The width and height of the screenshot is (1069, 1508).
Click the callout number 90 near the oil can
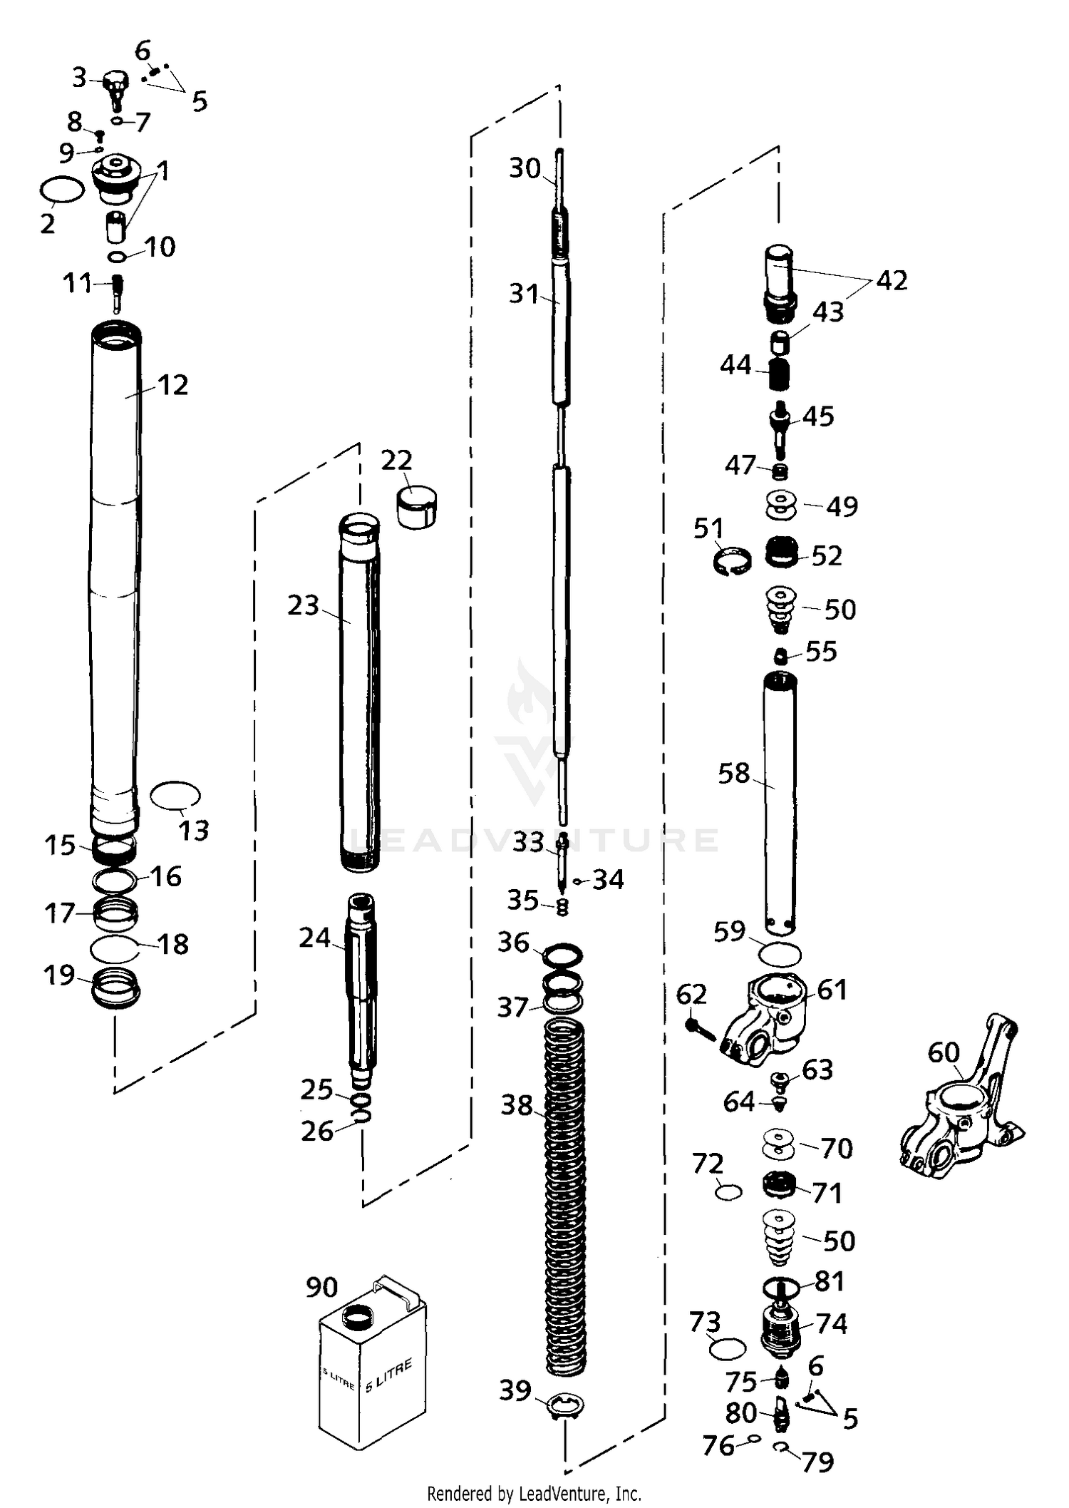(321, 1287)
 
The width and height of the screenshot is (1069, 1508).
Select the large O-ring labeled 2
(61, 190)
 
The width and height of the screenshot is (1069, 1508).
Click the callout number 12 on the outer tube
(173, 385)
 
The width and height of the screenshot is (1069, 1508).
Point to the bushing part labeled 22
(418, 506)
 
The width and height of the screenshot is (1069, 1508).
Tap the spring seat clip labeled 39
(565, 1405)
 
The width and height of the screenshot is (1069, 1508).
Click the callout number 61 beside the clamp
(832, 990)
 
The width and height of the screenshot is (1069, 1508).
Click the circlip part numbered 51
(732, 560)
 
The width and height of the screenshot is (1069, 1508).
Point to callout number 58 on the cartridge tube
(734, 773)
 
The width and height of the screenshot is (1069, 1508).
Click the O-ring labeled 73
(728, 1349)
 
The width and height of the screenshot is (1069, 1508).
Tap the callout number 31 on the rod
(524, 293)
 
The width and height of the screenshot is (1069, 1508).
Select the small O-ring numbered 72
(728, 1191)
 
